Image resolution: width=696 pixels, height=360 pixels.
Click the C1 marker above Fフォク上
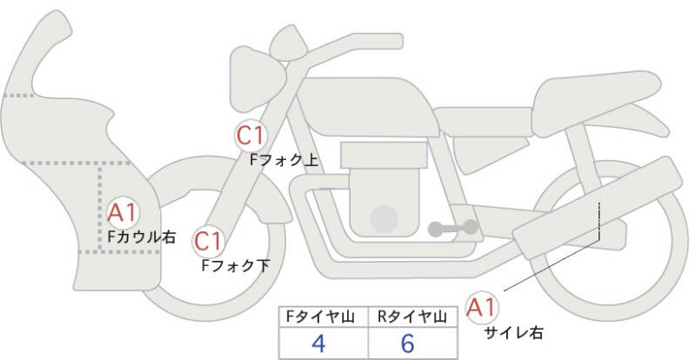click(x=251, y=135)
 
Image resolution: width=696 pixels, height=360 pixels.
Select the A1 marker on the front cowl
click(x=123, y=210)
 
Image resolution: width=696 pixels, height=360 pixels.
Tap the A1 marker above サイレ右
click(x=482, y=306)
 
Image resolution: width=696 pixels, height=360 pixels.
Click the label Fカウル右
click(x=142, y=236)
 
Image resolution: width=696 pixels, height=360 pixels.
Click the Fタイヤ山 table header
click(x=318, y=317)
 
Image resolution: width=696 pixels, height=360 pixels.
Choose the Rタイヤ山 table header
click(x=408, y=317)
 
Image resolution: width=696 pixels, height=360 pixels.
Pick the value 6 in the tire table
click(x=408, y=343)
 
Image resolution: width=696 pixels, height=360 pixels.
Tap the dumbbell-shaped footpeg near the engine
click(x=452, y=229)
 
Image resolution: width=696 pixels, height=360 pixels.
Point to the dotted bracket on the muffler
click(x=599, y=222)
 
